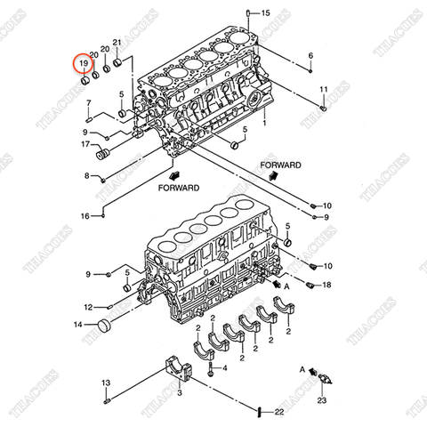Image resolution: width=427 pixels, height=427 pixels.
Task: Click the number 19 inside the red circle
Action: (82, 65)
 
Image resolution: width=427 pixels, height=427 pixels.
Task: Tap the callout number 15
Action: (265, 13)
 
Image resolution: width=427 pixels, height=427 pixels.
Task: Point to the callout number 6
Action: (310, 56)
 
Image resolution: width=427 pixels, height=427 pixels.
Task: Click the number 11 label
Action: (324, 90)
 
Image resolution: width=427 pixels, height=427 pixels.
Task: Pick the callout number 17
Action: (86, 143)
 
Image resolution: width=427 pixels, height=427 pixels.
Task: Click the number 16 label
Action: (85, 215)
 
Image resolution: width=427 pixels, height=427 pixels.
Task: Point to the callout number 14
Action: (79, 326)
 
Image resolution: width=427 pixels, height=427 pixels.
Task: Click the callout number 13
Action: (104, 383)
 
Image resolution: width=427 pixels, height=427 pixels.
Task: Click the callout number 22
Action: (278, 411)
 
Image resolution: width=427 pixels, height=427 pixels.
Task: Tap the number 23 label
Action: (322, 402)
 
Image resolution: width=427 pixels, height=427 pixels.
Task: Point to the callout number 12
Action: (88, 307)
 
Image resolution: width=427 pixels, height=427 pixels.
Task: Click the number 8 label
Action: (87, 175)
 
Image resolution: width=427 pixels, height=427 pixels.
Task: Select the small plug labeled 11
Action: (323, 109)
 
